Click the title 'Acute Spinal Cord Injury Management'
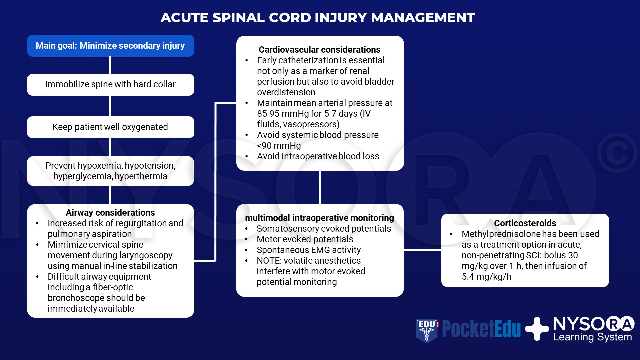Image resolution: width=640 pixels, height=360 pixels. tap(317, 18)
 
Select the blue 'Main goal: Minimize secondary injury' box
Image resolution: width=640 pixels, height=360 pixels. tap(110, 46)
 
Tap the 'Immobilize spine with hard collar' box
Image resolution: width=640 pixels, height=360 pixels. tap(110, 84)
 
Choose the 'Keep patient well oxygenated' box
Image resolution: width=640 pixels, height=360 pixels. tap(110, 127)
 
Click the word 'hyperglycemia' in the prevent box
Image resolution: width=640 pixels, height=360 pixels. tap(83, 176)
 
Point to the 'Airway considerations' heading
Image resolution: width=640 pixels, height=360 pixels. tap(110, 213)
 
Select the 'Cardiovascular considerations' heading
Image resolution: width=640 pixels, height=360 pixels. tap(319, 50)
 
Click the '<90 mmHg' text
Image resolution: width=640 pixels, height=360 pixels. tap(279, 146)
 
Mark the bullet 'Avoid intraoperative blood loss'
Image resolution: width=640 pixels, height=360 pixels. tap(318, 156)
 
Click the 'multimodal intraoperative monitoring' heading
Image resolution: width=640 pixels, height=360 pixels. tap(319, 218)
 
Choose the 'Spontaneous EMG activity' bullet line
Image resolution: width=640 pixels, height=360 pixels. tap(308, 250)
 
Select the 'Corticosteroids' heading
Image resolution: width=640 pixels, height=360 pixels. tap(525, 223)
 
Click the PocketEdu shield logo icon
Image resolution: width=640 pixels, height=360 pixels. tap(426, 330)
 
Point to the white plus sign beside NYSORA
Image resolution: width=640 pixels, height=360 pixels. tap(537, 329)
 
